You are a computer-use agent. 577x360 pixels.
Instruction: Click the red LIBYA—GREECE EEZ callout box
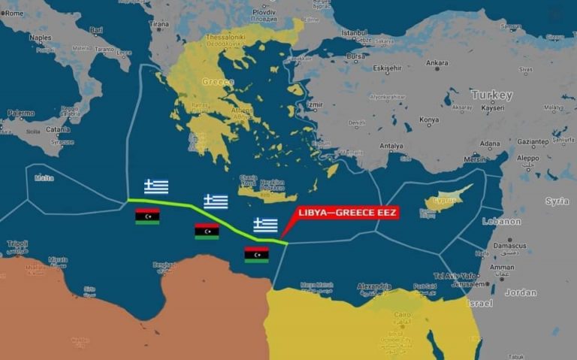tap(348, 213)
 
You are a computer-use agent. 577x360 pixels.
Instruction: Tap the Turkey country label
tap(492, 95)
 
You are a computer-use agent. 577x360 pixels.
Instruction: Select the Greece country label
tap(218, 81)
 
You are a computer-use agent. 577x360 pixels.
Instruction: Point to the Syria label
tap(557, 201)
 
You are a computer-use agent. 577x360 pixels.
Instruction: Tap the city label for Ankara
tap(437, 63)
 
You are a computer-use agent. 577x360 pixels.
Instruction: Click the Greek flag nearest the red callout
tap(265, 225)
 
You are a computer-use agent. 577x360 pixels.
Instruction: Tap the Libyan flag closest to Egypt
tap(257, 255)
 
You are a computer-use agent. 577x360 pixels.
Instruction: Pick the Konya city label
tap(428, 119)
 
